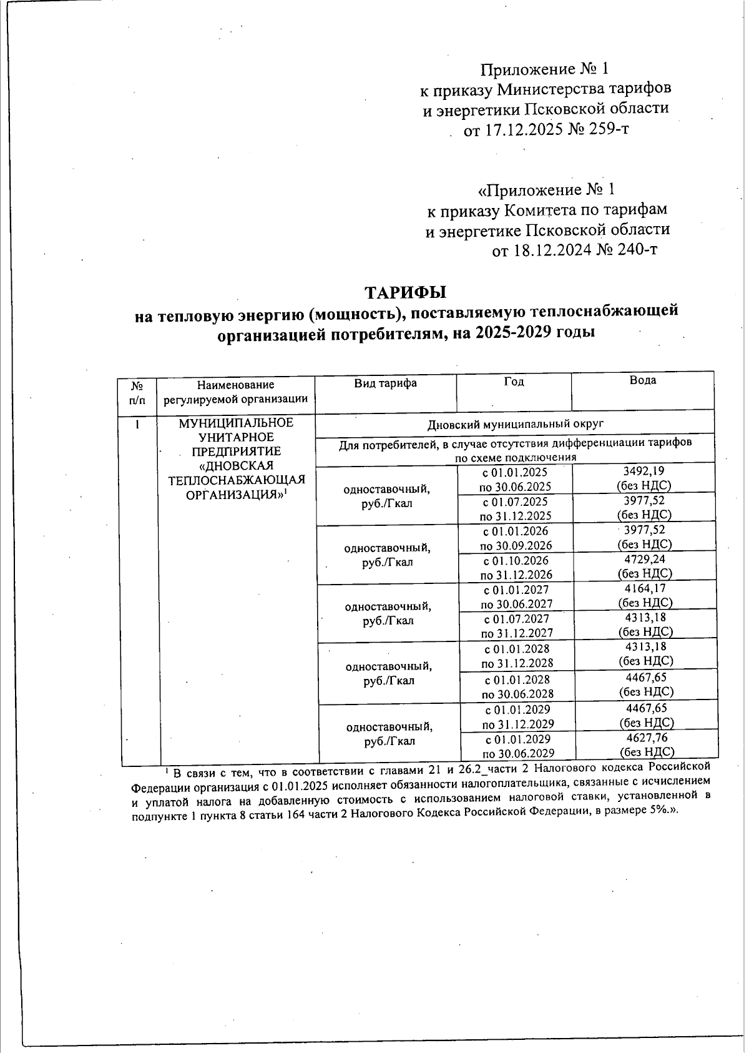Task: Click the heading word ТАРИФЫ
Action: tap(405, 292)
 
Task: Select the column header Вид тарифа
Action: tap(385, 383)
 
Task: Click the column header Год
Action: tap(514, 382)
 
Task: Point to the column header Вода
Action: tap(643, 380)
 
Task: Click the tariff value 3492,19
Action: tap(644, 472)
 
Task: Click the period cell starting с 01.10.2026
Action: tap(516, 567)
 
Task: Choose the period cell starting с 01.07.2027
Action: tap(517, 626)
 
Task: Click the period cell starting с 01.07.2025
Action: tap(516, 508)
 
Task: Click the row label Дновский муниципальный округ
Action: tap(515, 424)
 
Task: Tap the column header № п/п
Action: tap(137, 392)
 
